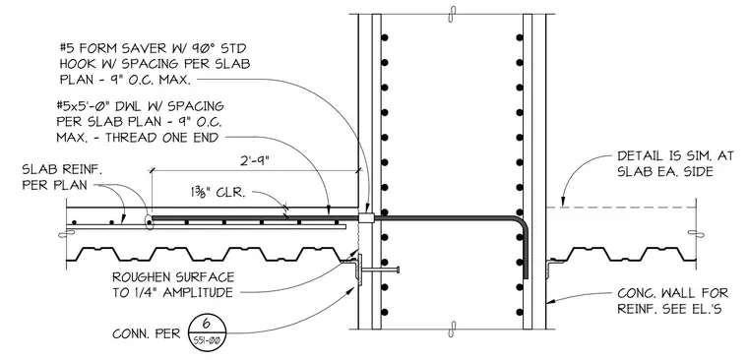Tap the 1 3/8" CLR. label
pyautogui.click(x=216, y=194)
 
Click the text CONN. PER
pyautogui.click(x=147, y=333)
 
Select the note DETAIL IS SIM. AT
pyautogui.click(x=674, y=156)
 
